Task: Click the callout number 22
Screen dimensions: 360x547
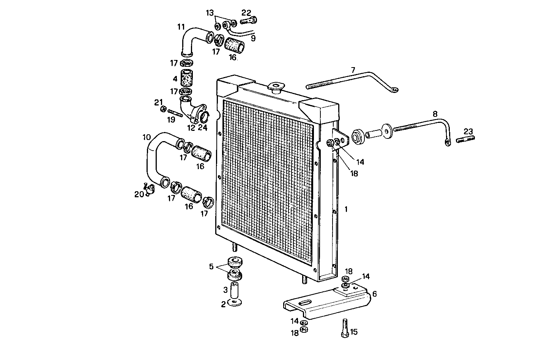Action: [246, 12]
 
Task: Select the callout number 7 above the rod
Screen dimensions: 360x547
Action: [353, 70]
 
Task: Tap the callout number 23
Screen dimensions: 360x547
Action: [468, 132]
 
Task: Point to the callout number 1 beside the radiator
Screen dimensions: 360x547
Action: [346, 209]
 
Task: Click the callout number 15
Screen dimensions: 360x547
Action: [354, 332]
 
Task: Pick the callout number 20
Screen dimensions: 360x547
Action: [139, 194]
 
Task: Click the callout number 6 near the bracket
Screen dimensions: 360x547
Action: [375, 294]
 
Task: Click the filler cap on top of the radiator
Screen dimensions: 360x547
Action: [275, 87]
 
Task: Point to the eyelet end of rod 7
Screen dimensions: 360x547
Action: [395, 90]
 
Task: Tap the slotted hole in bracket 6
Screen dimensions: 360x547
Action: [305, 302]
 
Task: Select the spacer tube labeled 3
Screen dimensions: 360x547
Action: [234, 291]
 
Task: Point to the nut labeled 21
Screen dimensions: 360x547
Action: [163, 109]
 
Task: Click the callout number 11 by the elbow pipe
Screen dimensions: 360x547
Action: [181, 27]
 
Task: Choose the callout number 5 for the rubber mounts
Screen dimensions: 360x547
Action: [211, 266]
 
